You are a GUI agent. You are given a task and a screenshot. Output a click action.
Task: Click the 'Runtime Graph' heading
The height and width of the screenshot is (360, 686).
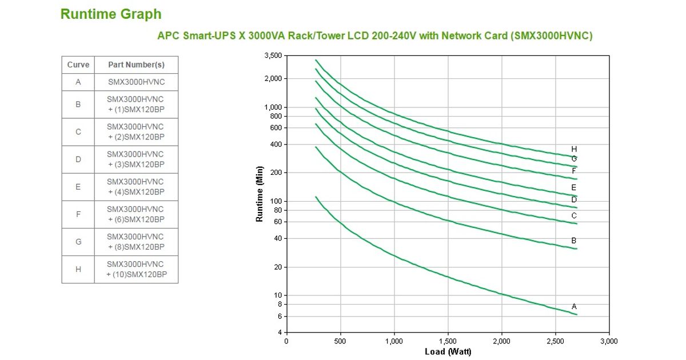coord(111,14)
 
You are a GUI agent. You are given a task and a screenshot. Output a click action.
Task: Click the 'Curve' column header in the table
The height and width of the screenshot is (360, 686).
coord(78,65)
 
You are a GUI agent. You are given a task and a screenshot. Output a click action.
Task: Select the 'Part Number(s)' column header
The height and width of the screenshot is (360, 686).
coord(136,65)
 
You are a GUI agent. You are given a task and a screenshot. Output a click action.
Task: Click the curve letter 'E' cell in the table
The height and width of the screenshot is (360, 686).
coord(78,187)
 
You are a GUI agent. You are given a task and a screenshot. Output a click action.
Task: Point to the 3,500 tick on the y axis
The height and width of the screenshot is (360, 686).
coord(273,55)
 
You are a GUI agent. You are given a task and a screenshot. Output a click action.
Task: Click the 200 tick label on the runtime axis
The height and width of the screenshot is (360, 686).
coord(276,173)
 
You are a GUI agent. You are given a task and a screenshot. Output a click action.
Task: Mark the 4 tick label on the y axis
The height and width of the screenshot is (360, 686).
coord(280,333)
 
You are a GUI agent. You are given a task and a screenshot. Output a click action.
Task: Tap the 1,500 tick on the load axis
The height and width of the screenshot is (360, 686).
coord(448,341)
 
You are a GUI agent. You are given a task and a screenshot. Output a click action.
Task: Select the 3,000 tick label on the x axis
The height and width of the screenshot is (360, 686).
coord(609,341)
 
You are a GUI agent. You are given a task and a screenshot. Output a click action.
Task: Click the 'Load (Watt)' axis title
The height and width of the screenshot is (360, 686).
coord(448,351)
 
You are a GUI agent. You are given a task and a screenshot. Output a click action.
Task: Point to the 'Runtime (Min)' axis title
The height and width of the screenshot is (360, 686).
coord(260,194)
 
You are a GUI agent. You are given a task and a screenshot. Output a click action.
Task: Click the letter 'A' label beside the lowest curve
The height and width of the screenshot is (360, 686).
coord(574,307)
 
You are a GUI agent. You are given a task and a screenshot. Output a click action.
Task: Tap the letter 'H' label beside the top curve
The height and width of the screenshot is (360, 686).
coord(574,149)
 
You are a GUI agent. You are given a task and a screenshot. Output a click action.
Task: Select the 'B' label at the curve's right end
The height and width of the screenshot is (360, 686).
coord(574,241)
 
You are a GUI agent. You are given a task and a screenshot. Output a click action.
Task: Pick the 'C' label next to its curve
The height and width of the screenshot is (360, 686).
coord(574,216)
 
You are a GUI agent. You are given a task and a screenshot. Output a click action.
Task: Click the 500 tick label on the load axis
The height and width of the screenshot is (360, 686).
coord(340,341)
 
